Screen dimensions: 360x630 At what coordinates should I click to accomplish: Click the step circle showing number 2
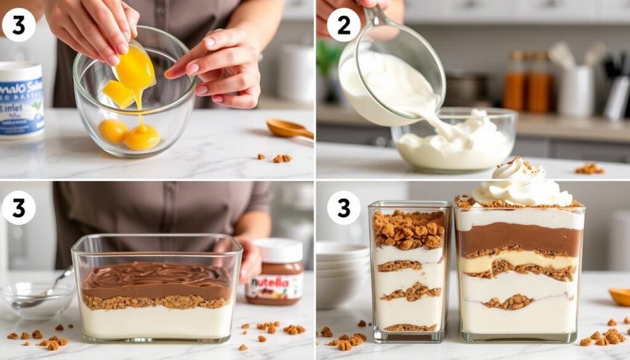[x=343, y=25]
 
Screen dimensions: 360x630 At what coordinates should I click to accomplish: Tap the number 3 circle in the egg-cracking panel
[x=18, y=25]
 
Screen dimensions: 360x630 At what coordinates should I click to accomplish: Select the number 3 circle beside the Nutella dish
[x=18, y=207]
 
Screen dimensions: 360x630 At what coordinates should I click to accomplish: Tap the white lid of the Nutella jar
[x=277, y=250]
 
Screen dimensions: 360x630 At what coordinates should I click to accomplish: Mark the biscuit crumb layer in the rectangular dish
[x=156, y=302]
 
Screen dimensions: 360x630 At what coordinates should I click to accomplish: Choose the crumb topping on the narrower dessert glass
[x=409, y=229]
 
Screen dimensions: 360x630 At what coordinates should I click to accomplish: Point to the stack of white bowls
[x=341, y=274]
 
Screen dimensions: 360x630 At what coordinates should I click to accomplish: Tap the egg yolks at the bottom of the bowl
[x=129, y=134]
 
